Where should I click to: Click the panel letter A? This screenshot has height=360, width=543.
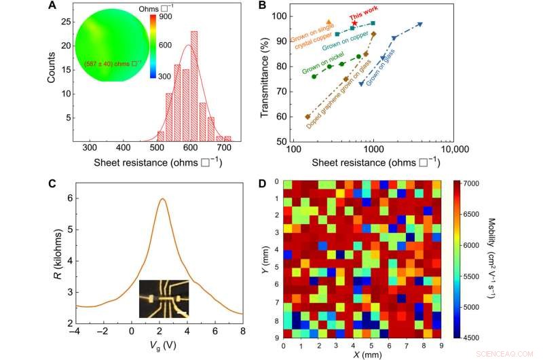pos(52,7)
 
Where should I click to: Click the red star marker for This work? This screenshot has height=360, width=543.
pos(354,23)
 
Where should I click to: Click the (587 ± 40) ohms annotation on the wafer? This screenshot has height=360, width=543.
pos(113,62)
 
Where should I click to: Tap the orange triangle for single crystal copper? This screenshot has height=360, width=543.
pos(329,22)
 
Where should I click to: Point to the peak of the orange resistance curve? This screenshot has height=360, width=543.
pos(163,199)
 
